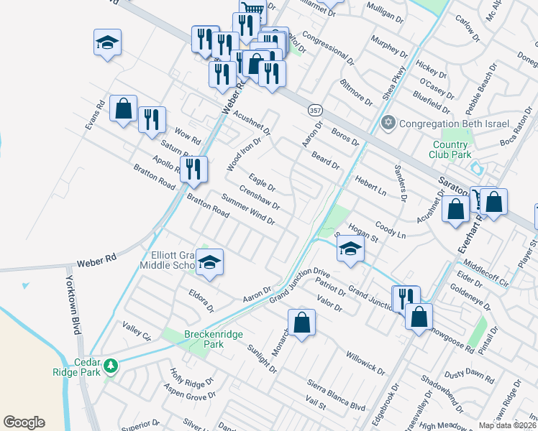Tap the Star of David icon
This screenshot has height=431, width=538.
389,121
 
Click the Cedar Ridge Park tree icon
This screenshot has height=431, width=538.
110,366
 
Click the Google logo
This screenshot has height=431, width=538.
24,422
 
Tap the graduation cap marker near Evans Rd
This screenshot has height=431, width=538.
107,43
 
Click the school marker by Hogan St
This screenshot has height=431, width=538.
350,249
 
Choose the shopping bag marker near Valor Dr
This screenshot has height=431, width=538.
302,323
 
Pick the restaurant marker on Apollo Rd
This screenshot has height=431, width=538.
193,170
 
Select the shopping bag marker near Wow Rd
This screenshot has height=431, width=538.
124,110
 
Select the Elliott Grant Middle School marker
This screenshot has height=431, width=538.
210,262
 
